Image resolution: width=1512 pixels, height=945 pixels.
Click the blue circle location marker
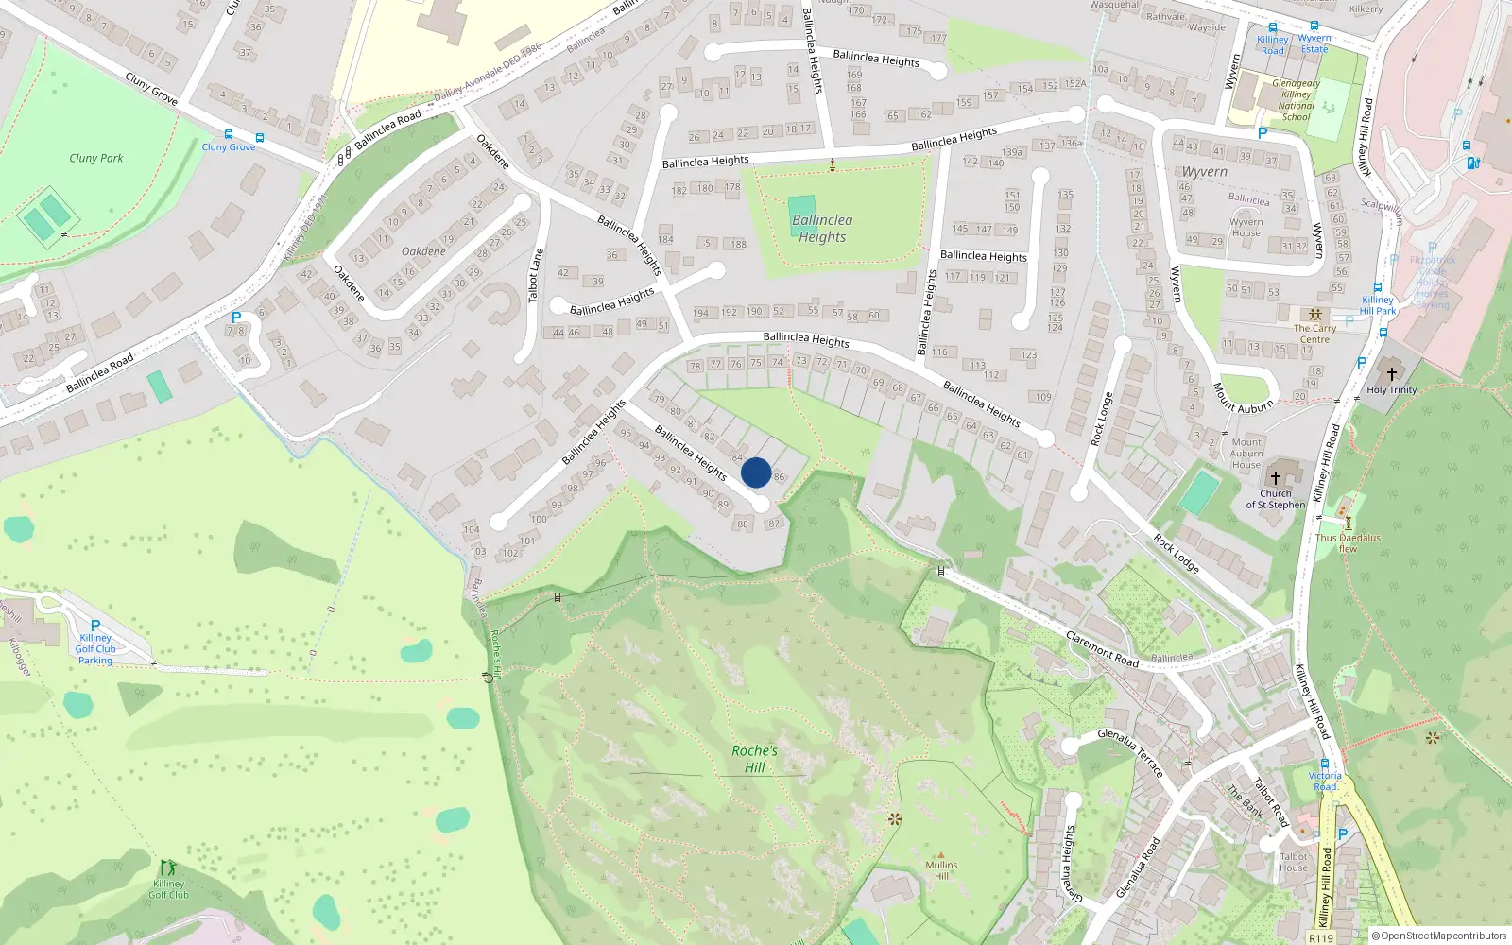(756, 472)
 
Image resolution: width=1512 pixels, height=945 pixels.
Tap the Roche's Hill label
(754, 759)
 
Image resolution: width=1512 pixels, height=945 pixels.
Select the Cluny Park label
(96, 158)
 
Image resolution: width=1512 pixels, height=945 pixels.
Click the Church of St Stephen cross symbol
(1275, 478)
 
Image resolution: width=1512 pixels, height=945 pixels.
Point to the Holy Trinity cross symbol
(1391, 374)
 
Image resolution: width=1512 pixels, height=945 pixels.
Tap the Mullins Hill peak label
(941, 869)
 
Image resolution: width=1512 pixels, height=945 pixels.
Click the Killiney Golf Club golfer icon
(167, 868)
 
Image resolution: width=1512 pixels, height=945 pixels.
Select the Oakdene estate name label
(423, 251)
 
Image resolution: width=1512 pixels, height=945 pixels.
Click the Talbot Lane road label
(536, 275)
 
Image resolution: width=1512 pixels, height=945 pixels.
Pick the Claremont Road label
(1102, 648)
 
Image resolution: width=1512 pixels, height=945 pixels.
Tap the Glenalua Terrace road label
(1130, 752)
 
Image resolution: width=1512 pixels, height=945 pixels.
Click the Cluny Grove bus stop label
(228, 146)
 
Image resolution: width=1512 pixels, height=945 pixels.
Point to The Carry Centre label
(1314, 334)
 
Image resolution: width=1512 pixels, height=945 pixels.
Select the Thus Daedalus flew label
(1348, 542)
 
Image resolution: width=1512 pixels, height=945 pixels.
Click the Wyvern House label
(1246, 228)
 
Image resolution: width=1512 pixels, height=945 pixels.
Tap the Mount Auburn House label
(1246, 453)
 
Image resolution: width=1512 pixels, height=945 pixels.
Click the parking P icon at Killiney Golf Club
(94, 626)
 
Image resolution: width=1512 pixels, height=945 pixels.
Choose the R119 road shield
(1321, 937)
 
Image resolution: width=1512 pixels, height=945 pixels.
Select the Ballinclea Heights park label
(822, 229)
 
